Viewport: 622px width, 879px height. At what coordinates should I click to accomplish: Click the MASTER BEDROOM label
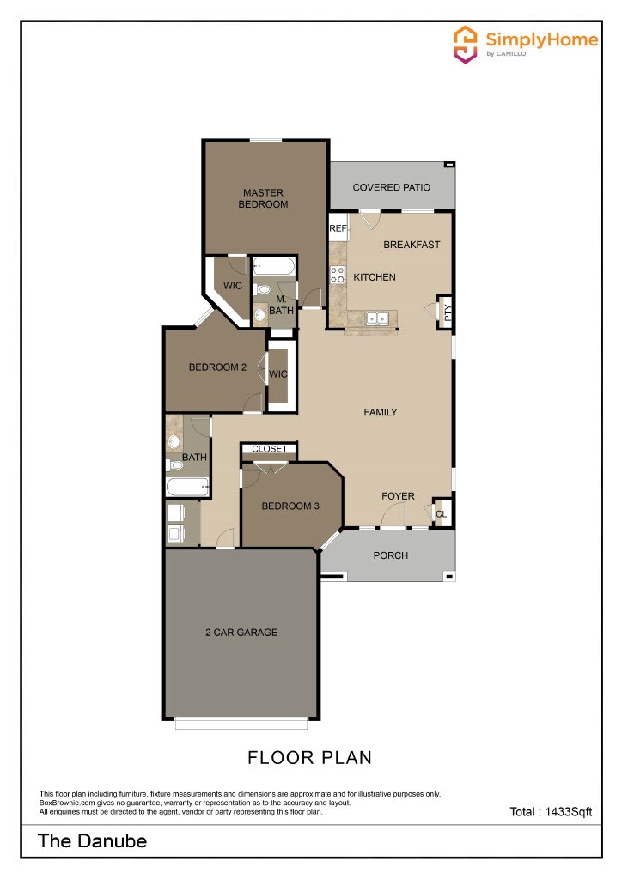click(x=264, y=198)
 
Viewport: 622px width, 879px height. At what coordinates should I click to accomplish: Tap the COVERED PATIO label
click(x=391, y=187)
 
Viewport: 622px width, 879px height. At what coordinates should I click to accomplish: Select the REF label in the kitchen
click(x=338, y=229)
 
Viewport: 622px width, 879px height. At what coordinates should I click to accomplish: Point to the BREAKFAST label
click(x=412, y=245)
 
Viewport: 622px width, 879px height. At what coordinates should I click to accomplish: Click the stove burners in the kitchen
click(x=338, y=276)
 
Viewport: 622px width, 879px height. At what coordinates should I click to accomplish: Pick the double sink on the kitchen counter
click(x=376, y=318)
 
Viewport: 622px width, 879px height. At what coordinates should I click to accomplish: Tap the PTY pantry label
click(x=446, y=312)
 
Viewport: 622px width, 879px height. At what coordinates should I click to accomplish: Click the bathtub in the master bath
click(x=274, y=267)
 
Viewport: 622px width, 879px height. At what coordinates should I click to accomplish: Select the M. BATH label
click(x=281, y=305)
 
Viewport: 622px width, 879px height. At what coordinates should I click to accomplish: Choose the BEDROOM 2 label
click(x=217, y=367)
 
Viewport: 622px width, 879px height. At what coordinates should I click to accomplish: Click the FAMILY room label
click(x=381, y=412)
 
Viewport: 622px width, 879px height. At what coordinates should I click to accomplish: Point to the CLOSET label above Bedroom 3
click(x=269, y=449)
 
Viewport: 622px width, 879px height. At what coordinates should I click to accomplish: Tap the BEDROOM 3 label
click(x=290, y=506)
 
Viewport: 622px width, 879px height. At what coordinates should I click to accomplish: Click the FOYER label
click(x=398, y=496)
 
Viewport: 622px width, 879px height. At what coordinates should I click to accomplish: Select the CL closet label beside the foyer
click(x=442, y=514)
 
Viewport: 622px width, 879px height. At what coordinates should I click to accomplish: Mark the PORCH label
click(x=391, y=555)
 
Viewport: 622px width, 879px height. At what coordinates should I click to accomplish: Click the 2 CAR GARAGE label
click(x=241, y=633)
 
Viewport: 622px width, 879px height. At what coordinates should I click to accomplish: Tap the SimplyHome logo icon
click(x=465, y=44)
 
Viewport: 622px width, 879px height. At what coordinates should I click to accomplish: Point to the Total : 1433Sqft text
click(x=551, y=811)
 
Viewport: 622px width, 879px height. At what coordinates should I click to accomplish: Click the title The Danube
click(x=92, y=840)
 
